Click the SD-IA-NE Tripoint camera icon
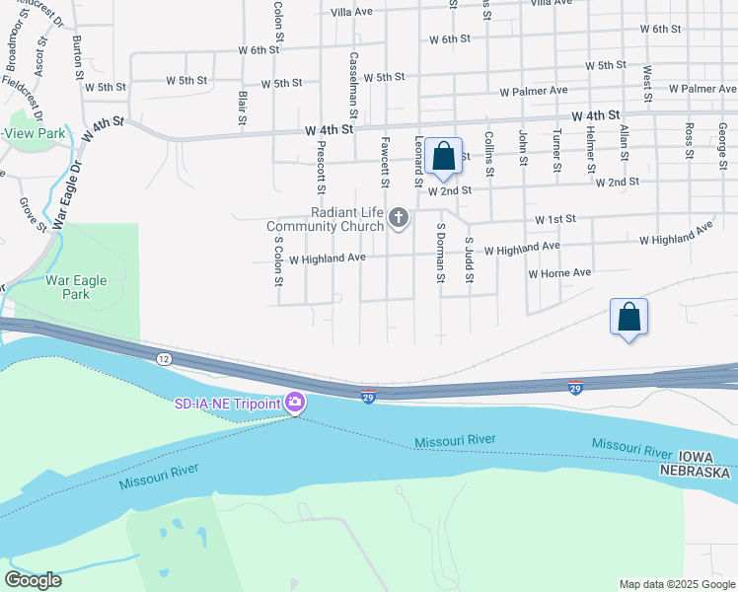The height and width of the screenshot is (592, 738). [x=294, y=403]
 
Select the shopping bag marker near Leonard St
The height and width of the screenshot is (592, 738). [x=443, y=156]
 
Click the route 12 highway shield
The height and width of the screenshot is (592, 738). [x=164, y=358]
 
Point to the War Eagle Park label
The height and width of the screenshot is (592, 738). [x=81, y=287]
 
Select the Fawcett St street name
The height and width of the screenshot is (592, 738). [x=385, y=162]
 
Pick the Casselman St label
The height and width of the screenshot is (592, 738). [x=352, y=80]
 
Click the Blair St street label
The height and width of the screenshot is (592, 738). [x=243, y=108]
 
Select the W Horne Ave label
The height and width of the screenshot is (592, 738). [x=559, y=273]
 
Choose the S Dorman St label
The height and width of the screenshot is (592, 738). [x=440, y=253]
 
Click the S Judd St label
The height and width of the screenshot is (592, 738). [x=470, y=259]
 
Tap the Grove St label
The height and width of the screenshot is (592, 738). [x=34, y=214]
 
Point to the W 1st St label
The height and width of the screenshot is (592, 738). [x=554, y=219]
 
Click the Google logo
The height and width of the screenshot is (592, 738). [x=33, y=579]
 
